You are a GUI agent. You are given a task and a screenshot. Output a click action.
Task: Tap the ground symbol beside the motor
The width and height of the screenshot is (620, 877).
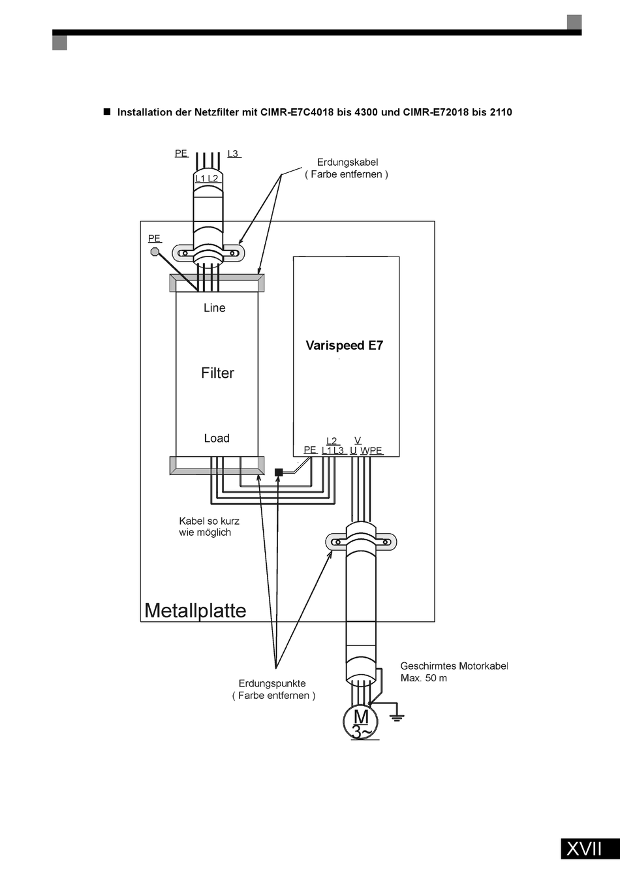[x=397, y=717]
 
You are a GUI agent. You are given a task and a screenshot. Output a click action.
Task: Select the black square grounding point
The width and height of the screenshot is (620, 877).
[x=279, y=472]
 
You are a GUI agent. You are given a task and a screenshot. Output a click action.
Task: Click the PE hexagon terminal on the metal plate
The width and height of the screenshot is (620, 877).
[x=155, y=252]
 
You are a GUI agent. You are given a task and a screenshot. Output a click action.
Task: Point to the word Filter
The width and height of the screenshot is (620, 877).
[x=217, y=373]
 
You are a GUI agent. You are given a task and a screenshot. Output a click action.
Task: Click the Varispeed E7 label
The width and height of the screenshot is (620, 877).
[x=345, y=345]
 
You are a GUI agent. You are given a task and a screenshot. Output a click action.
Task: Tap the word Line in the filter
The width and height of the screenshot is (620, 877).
[x=214, y=308]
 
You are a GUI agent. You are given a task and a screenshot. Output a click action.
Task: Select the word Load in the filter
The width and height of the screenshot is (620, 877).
[x=217, y=438]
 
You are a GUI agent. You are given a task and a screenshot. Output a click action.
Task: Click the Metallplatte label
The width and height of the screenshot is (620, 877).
[x=195, y=610]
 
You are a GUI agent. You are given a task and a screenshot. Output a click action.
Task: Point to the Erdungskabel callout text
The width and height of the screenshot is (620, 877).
[x=347, y=162]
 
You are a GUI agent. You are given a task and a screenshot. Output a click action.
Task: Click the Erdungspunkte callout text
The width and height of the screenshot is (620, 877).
[x=272, y=683]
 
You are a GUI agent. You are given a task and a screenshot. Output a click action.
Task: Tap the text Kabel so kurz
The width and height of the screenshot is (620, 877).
[x=209, y=521]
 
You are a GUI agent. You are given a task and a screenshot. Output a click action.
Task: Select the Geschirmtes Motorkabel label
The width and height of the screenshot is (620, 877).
[x=454, y=666]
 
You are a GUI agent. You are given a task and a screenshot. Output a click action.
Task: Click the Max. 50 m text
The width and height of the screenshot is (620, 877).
[x=424, y=678]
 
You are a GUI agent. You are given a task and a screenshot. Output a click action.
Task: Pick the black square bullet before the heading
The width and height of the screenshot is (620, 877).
[x=107, y=112]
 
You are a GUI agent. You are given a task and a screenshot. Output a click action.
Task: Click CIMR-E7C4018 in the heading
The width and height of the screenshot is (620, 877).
[x=297, y=112]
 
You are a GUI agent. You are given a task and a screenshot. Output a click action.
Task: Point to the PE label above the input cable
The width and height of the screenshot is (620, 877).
[x=181, y=153]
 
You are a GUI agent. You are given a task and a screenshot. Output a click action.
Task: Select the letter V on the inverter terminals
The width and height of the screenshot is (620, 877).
[x=358, y=440]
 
